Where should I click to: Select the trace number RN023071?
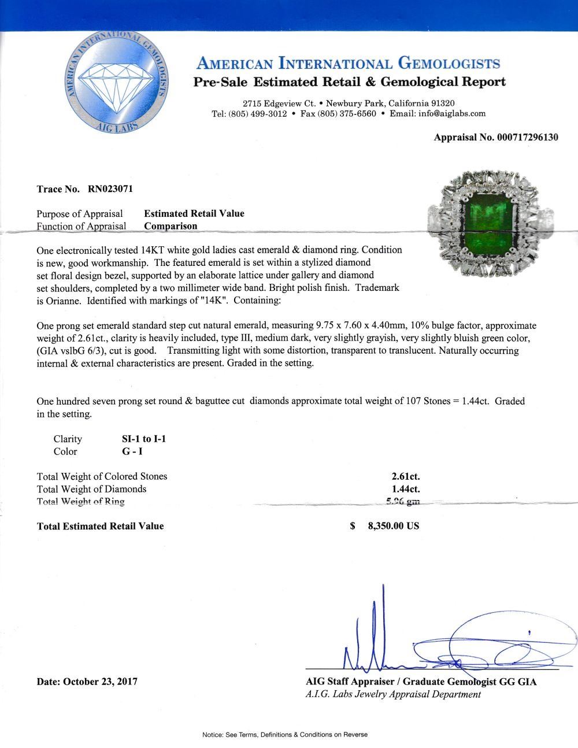(x=113, y=188)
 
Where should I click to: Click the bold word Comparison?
(x=171, y=226)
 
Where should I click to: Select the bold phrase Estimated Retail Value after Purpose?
(x=194, y=213)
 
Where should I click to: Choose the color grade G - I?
(x=128, y=451)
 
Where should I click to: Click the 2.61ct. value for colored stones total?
(x=405, y=476)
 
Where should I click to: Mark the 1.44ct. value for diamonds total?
(x=405, y=489)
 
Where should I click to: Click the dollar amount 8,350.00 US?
(x=393, y=526)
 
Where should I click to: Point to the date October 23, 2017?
(x=100, y=682)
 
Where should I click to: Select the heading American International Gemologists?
(x=349, y=64)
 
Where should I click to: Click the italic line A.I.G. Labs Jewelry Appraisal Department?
(x=393, y=694)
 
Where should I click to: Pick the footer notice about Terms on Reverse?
(x=284, y=735)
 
